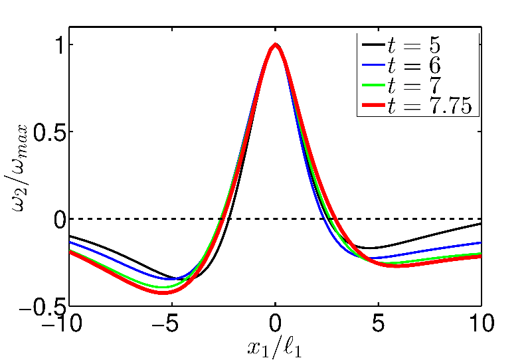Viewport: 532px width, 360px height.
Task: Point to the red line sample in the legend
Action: point(373,106)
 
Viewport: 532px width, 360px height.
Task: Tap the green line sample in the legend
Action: point(373,86)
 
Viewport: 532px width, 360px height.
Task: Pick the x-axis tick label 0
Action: point(275,325)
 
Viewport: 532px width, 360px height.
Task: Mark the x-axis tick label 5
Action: point(378,325)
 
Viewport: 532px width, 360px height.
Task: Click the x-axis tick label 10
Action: point(480,325)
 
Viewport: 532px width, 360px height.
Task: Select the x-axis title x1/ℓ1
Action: point(275,347)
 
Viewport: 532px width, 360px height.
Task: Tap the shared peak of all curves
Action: point(275,45)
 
